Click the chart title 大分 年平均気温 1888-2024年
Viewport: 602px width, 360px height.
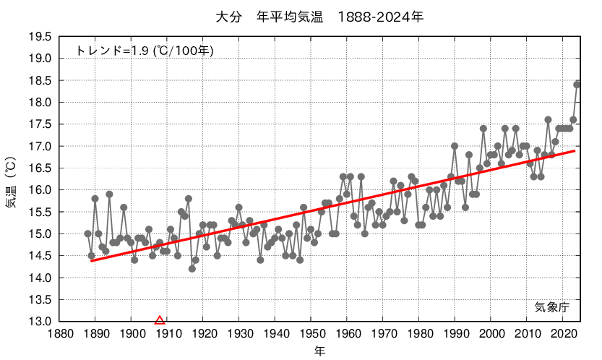[319, 16]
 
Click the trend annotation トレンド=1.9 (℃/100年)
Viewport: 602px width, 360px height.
[145, 51]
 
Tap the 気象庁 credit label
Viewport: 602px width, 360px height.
[552, 307]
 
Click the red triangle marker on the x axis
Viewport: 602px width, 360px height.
[160, 320]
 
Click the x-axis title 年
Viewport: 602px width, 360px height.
[319, 351]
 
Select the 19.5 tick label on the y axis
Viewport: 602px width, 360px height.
[40, 37]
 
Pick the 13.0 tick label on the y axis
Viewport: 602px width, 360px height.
[40, 322]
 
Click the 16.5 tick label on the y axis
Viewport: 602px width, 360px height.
[40, 168]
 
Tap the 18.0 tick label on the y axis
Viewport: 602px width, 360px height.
[40, 103]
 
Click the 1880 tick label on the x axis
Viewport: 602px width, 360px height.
[59, 335]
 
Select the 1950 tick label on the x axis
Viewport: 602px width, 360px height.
[311, 335]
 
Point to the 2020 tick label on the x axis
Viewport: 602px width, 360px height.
[563, 335]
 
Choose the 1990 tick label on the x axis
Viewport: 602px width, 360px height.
[455, 335]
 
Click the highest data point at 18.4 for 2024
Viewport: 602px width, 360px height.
[577, 85]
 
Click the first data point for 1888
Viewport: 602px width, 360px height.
[87, 233]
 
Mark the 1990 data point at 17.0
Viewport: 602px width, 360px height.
[455, 146]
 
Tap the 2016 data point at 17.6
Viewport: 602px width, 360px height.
[548, 120]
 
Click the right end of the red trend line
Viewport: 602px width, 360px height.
[575, 151]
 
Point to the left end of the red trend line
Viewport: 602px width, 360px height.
[92, 260]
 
